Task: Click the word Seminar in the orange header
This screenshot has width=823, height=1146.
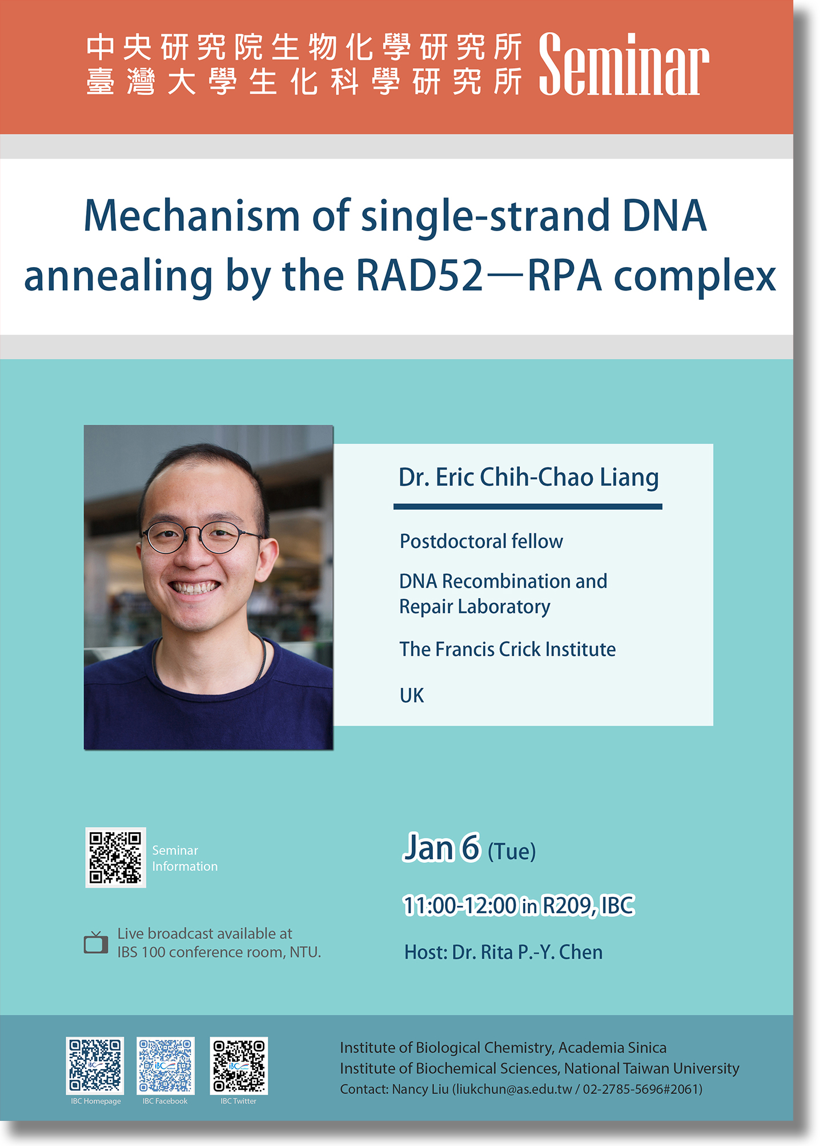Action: [624, 64]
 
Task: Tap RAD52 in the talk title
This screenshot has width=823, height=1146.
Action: [420, 276]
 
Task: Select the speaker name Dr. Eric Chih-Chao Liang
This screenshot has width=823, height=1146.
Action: [528, 477]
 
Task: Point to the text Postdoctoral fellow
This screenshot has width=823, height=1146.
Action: [481, 541]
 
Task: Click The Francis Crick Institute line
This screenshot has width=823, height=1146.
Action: [507, 649]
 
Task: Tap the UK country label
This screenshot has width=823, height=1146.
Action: [412, 696]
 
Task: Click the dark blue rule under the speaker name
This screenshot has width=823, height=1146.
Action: [528, 506]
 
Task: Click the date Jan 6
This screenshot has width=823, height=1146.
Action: [441, 848]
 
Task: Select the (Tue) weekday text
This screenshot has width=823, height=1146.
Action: [512, 852]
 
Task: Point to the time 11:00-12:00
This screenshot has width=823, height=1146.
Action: [460, 906]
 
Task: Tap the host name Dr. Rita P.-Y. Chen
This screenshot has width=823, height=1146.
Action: [527, 952]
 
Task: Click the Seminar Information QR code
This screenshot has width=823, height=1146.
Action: [115, 857]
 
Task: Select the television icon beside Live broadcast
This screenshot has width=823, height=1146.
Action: [96, 942]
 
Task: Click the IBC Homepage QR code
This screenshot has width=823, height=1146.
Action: [95, 1066]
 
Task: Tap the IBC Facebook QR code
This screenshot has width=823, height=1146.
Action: [166, 1066]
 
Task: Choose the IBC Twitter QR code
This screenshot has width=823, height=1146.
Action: [239, 1066]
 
